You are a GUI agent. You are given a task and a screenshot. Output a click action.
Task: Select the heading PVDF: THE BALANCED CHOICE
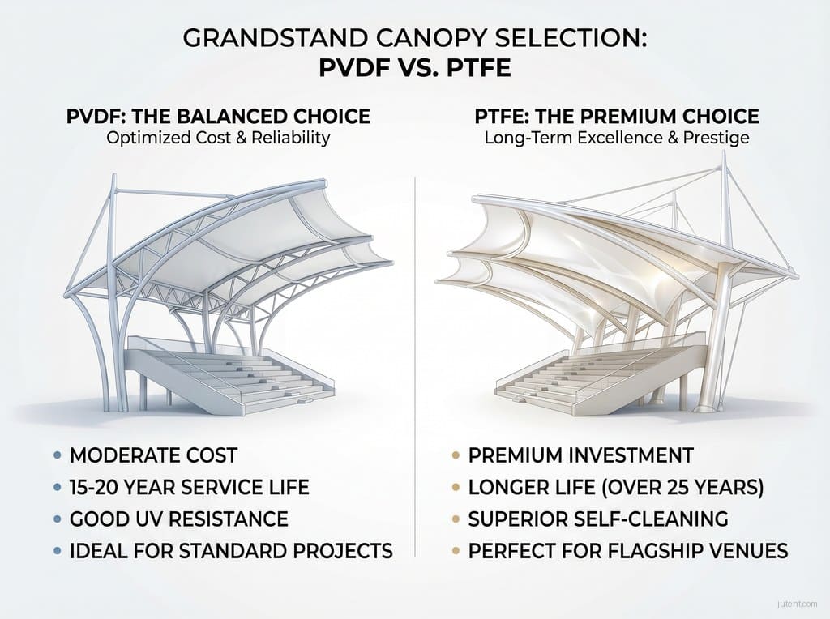[218, 116]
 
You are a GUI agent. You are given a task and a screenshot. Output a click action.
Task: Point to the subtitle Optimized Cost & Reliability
[218, 137]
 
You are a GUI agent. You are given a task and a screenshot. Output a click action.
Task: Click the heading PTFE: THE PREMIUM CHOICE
[617, 116]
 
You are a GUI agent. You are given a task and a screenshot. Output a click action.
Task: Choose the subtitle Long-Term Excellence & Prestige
[617, 138]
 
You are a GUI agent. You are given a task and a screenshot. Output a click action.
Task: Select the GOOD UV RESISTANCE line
[178, 519]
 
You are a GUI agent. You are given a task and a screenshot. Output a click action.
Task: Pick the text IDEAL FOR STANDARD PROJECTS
[231, 551]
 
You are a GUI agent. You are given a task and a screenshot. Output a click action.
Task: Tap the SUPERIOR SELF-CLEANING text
[599, 519]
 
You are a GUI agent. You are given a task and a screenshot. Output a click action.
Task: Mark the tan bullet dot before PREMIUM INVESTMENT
[454, 455]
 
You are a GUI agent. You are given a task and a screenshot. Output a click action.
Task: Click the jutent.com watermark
[796, 604]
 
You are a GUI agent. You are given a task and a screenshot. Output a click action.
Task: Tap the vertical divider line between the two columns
[415, 365]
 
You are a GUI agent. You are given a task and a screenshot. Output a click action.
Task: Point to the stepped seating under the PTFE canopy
[584, 377]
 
